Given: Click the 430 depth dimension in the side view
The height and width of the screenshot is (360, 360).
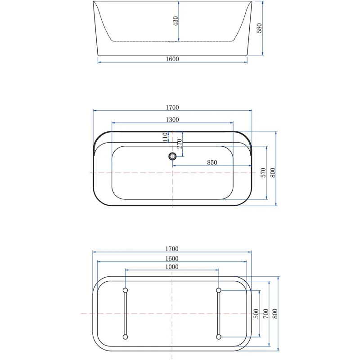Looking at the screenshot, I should click(x=176, y=20).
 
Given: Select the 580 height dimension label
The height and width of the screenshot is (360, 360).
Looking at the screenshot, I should click(x=259, y=28).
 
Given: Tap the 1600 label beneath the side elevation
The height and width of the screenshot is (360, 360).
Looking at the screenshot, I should click(x=172, y=59).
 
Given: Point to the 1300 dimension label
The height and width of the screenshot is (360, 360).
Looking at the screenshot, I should click(x=172, y=120).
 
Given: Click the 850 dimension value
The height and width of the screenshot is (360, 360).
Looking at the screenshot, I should click(x=212, y=162).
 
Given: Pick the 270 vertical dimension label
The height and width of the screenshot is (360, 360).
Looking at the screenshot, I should click(x=179, y=144).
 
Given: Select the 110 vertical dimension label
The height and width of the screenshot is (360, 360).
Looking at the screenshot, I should click(x=165, y=136).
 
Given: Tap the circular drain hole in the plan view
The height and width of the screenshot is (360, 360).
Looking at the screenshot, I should click(x=172, y=156).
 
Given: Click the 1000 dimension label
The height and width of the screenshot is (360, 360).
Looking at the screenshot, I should click(x=172, y=267).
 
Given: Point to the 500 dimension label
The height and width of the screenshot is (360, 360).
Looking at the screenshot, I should click(x=256, y=313).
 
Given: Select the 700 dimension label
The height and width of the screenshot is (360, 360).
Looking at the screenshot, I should click(x=265, y=313).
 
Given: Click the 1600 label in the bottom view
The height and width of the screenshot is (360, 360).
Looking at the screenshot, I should click(x=172, y=258).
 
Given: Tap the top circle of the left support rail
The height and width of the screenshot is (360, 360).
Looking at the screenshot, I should click(x=125, y=290).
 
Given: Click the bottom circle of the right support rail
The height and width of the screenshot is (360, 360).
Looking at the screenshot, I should click(x=218, y=337).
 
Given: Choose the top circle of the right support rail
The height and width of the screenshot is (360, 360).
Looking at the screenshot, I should click(x=218, y=290).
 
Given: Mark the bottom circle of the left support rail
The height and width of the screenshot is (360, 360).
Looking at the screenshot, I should click(x=125, y=337).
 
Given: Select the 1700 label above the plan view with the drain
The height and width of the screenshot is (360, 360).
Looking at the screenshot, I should click(x=172, y=107).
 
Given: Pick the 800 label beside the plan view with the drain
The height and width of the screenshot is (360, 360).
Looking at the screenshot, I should click(x=273, y=172).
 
